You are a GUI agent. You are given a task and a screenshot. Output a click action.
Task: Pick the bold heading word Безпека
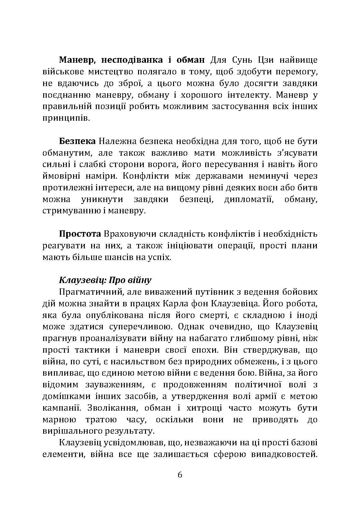tap(77, 142)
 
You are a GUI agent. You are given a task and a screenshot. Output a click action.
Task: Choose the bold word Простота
tap(80, 234)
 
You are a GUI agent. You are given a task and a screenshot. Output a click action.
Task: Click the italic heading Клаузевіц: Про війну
tap(105, 280)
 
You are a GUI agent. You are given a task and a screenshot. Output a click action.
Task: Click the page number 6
tap(180, 475)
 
